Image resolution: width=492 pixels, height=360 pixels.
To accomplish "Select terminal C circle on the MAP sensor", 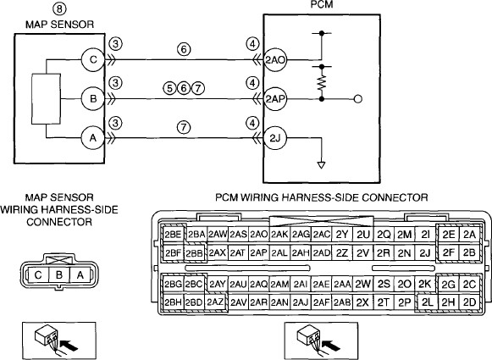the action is tap(93, 59).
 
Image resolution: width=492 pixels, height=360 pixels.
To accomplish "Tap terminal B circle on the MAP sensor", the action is tap(93, 99).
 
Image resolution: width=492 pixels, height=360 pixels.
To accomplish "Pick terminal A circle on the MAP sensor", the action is tap(93, 138).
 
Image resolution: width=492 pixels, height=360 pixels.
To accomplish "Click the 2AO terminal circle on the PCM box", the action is tap(275, 59).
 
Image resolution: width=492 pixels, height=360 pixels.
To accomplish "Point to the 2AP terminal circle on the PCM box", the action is tap(275, 99).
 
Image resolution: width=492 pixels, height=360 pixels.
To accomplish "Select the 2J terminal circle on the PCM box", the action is tap(275, 138).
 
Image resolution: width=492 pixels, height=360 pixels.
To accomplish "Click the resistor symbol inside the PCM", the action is tap(321, 82).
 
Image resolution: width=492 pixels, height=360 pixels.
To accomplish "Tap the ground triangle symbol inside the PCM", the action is tap(321, 165).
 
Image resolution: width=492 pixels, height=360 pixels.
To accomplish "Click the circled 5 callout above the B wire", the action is tap(169, 88).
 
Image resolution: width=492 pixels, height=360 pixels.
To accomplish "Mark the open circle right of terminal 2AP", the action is tap(357, 99).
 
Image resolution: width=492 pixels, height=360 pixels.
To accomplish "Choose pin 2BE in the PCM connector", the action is tap(174, 234).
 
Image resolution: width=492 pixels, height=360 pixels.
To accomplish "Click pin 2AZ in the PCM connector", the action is tap(215, 302).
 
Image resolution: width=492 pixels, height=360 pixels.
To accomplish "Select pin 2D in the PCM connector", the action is tap(469, 302).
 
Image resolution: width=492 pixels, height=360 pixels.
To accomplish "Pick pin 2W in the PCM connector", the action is tap(362, 284).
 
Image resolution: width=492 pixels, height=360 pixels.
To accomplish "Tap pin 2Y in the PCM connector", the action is tap(342, 234).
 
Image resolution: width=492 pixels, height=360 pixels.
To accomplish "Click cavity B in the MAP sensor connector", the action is tap(59, 275).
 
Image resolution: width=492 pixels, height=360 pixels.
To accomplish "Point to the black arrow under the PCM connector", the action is tap(332, 346).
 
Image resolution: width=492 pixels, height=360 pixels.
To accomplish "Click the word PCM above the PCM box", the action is tap(321, 4).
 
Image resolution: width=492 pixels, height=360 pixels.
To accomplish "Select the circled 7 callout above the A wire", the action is tap(184, 127).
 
